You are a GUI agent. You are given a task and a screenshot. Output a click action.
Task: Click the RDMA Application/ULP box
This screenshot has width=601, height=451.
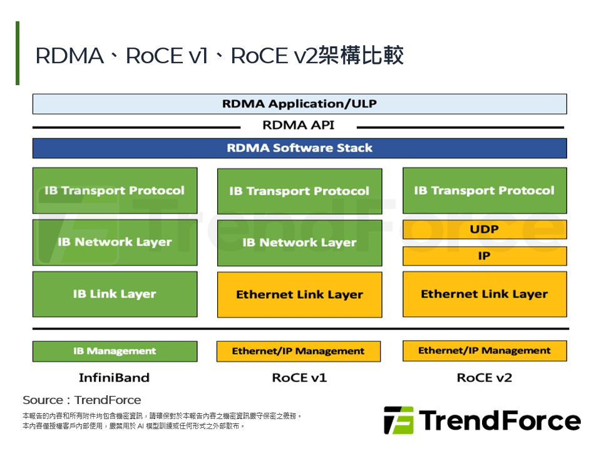click(299, 104)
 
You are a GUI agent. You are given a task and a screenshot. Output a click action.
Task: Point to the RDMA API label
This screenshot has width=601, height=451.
click(299, 125)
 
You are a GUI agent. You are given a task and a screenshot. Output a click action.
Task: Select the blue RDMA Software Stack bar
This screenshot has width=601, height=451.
click(299, 148)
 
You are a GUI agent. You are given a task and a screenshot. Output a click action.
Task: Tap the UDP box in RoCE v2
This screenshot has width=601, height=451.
click(484, 230)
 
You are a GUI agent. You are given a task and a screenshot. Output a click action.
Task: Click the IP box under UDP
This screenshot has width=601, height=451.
click(484, 256)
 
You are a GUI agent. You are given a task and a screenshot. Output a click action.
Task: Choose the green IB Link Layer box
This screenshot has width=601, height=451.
click(115, 294)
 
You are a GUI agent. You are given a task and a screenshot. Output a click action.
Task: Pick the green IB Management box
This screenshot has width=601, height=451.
click(115, 351)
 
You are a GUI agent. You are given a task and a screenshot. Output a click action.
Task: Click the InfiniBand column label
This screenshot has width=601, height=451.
click(114, 378)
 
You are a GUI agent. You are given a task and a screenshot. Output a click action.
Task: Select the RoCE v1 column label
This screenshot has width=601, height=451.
click(299, 378)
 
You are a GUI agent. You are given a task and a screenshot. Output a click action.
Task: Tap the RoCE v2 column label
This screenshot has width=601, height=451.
click(484, 378)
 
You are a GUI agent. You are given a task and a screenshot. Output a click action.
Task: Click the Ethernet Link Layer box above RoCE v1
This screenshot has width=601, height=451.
click(299, 294)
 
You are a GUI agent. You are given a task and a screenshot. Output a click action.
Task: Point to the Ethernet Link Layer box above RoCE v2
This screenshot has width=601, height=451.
click(484, 294)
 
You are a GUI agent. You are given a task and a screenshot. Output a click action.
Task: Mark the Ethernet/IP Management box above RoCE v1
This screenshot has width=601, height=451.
click(299, 351)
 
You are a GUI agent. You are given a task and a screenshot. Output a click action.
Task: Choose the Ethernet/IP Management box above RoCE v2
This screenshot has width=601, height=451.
click(484, 351)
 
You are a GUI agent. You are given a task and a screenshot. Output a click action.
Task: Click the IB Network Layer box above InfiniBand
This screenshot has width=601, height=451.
click(115, 242)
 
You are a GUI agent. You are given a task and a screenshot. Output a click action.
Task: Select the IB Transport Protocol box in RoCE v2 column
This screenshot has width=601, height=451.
click(484, 190)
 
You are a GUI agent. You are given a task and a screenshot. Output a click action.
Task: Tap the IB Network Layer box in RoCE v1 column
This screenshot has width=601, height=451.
click(299, 242)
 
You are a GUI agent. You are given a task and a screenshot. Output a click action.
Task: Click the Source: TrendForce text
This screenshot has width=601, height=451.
click(81, 400)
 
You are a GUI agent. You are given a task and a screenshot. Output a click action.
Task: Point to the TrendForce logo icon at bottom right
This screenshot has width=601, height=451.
click(399, 420)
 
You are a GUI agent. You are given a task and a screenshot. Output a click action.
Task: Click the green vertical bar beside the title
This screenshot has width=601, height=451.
click(18, 53)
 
